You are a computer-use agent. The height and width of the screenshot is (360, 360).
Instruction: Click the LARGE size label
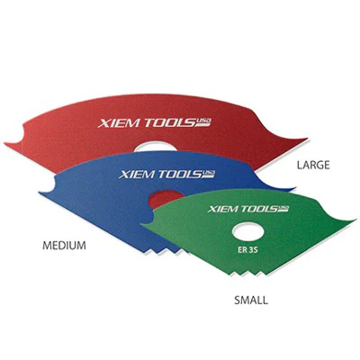pos(313,165)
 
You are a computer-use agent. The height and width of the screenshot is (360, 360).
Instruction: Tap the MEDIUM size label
pos(64,246)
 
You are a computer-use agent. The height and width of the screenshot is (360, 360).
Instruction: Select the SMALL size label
pos(251,301)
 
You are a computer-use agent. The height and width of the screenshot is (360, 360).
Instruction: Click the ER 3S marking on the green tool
pos(247,251)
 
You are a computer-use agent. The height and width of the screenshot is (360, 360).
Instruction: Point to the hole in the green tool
pos(248,232)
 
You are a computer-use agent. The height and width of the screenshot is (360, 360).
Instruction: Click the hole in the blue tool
pos(165,199)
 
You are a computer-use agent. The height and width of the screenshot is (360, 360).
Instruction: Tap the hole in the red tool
pos(155,147)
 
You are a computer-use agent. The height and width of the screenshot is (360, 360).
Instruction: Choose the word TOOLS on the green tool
pos(259,209)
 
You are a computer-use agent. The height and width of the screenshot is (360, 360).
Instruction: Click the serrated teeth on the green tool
pos(246,273)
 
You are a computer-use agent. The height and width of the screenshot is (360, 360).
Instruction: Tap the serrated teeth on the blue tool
pos(160,250)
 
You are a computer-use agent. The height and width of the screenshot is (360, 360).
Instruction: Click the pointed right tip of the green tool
pos(355,220)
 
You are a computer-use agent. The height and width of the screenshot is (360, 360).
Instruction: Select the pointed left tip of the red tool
pos(6,144)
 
